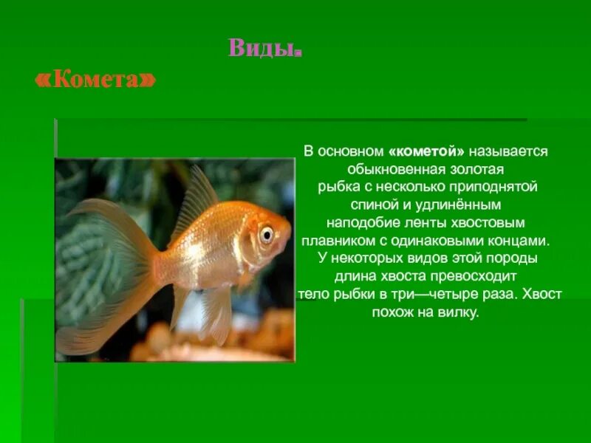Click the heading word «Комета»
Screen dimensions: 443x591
(96, 80)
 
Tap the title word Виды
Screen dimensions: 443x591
(265, 48)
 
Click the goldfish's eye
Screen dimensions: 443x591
(266, 234)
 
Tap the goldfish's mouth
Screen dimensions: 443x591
(287, 244)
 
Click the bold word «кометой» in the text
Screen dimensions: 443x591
(426, 151)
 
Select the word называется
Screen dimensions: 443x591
(509, 151)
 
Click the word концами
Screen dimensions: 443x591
(522, 240)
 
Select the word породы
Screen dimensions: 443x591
(512, 258)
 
